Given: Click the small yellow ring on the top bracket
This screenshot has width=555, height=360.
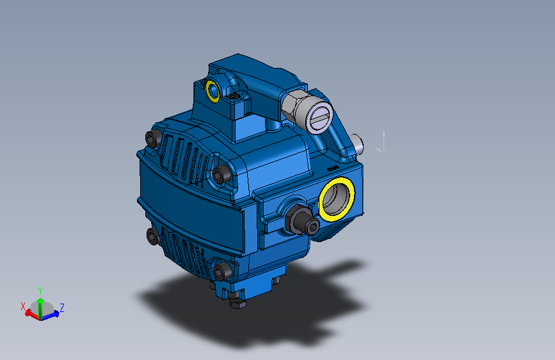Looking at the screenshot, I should [x=213, y=90].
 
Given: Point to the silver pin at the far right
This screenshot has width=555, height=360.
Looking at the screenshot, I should [x=358, y=143].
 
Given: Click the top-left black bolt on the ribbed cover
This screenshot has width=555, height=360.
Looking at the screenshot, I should [x=153, y=138].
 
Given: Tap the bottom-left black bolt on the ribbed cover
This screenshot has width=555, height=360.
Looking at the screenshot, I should [x=152, y=237].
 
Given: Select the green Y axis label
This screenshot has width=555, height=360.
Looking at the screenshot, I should [x=40, y=290].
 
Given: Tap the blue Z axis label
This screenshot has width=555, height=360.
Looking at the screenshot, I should [x=62, y=307].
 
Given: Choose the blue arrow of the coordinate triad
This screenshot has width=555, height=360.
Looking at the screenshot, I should [x=54, y=314].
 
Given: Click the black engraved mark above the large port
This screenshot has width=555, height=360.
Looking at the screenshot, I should [x=332, y=167].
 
